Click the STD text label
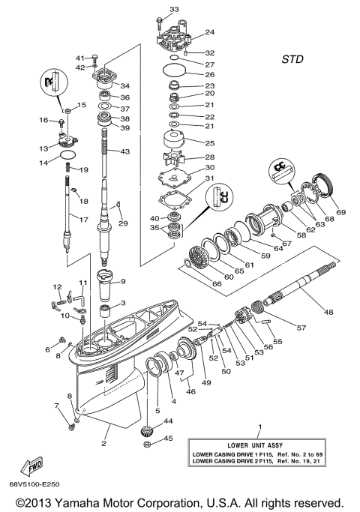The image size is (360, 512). pyautogui.click(x=293, y=58)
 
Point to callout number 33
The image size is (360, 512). pyautogui.click(x=174, y=9)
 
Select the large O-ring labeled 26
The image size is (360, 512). pyautogui.click(x=174, y=74)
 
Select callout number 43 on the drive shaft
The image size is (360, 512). pyautogui.click(x=124, y=152)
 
